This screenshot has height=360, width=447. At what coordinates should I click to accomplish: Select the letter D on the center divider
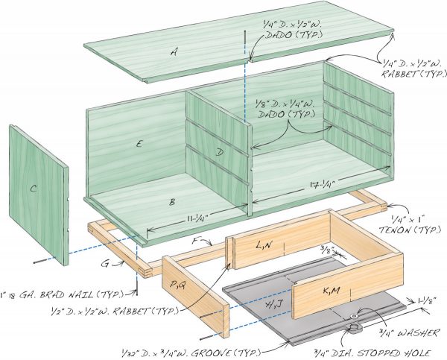(220, 151)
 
